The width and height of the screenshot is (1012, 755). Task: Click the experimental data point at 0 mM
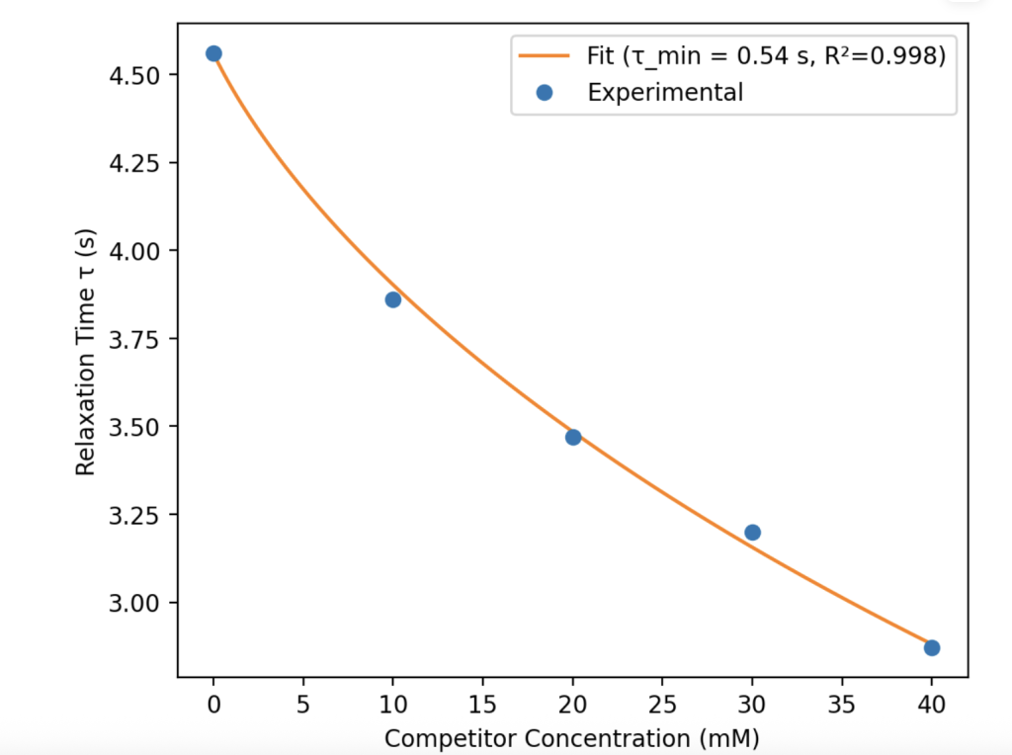point(213,53)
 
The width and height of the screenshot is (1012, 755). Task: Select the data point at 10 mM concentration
point(393,299)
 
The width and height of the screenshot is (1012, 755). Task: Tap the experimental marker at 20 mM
point(573,437)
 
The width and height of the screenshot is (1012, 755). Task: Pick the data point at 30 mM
point(752,533)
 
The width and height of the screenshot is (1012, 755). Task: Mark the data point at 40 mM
point(932,647)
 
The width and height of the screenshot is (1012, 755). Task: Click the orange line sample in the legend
point(545,56)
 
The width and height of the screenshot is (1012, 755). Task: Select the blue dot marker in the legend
point(545,93)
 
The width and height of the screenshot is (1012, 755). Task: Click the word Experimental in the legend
point(665,93)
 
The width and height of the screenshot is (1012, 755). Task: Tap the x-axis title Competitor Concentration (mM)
point(571,738)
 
